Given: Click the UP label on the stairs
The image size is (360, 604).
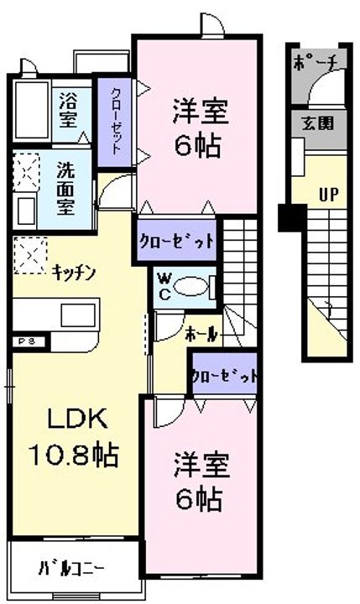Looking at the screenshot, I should click(328, 195).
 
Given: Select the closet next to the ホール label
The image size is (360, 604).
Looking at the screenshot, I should click(224, 376).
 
